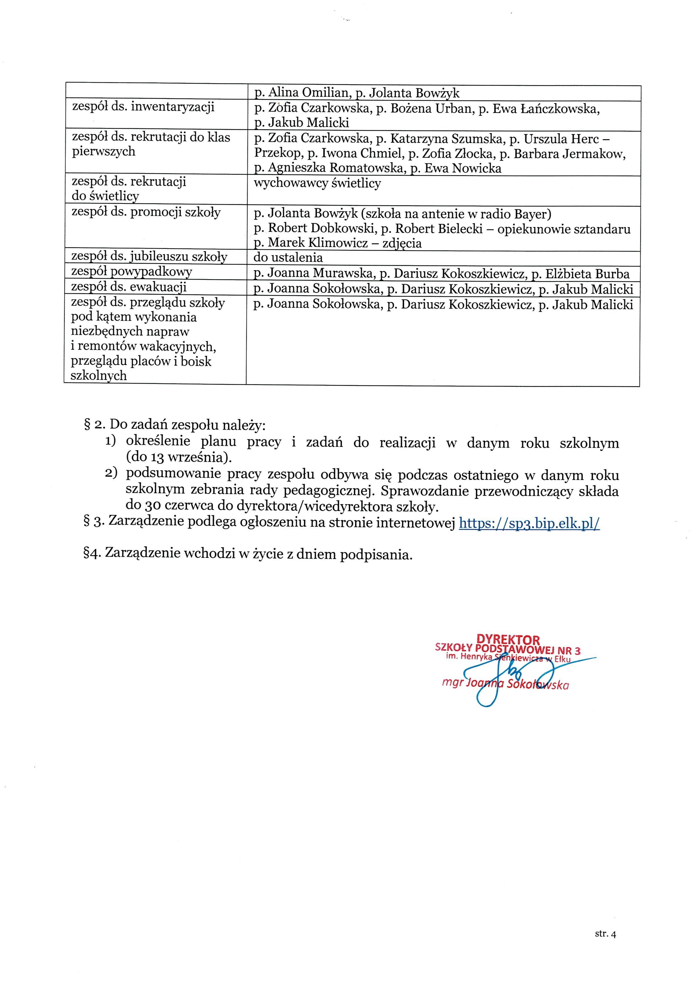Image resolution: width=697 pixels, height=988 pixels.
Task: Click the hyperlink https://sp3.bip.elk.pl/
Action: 529,523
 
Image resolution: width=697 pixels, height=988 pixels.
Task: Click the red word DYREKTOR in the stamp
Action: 508,640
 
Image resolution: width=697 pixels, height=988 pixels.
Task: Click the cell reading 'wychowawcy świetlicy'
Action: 317,183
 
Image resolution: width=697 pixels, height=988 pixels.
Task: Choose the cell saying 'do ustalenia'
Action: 288,258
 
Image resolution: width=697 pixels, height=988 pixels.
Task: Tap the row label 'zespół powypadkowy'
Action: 131,271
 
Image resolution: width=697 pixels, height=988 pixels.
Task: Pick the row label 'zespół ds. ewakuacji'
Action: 129,287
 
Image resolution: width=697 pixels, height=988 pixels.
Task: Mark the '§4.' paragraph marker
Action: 92,553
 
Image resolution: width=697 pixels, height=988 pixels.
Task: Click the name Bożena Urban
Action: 429,108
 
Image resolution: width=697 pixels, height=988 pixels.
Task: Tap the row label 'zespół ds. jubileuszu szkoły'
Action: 149,257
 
